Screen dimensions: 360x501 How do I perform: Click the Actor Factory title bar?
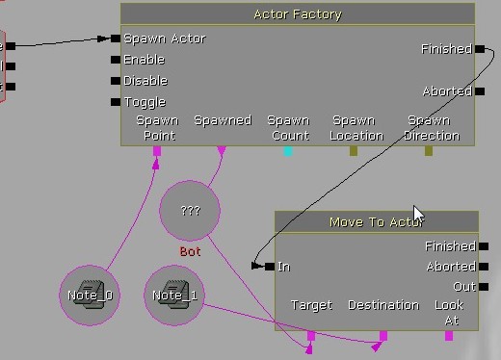[x=297, y=14]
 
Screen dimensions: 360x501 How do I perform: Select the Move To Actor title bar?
[x=377, y=222]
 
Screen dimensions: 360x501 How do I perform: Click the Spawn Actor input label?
[x=164, y=39]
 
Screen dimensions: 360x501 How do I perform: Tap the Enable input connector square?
[x=116, y=60]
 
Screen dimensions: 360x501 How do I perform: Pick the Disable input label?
[x=145, y=81]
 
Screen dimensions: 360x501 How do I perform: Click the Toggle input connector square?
[x=116, y=102]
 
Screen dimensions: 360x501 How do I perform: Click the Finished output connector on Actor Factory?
[x=479, y=49]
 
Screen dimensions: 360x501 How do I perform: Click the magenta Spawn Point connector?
[x=157, y=150]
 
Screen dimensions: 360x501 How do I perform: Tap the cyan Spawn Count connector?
[x=288, y=150]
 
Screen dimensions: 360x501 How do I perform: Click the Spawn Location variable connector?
[x=354, y=150]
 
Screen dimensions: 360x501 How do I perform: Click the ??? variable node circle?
[x=190, y=210]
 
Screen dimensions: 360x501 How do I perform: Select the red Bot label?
[x=190, y=251]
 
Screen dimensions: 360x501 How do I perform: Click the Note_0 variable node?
[x=91, y=296]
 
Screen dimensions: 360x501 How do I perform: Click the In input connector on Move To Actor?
[x=270, y=267]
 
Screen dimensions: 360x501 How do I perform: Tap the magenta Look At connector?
[x=448, y=335]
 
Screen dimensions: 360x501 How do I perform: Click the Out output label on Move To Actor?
[x=464, y=287]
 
